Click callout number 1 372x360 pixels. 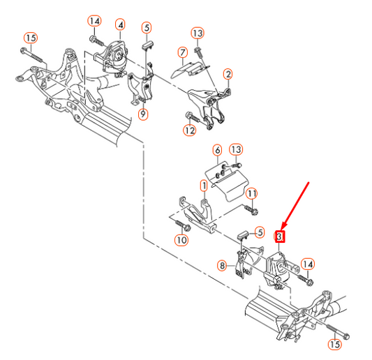pos(204,186)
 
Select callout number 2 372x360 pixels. pos(228,74)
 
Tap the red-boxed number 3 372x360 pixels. pos(279,237)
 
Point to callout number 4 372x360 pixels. pos(120,25)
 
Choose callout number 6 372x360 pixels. pos(218,150)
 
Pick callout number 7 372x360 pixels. pos(183,52)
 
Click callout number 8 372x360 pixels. pos(223,265)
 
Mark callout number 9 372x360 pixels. pos(143,114)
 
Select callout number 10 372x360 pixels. pos(181,240)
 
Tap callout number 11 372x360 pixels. pos(251,194)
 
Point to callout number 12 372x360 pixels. pos(190,130)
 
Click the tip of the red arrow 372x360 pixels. pos(282,230)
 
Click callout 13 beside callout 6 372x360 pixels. pos(236,149)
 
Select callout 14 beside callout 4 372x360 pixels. pos(94,21)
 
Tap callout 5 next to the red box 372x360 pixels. pos(260,232)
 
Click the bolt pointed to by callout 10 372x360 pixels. pos(183,226)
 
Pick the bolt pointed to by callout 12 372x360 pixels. pos(193,117)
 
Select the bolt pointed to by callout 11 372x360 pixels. pos(251,209)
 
